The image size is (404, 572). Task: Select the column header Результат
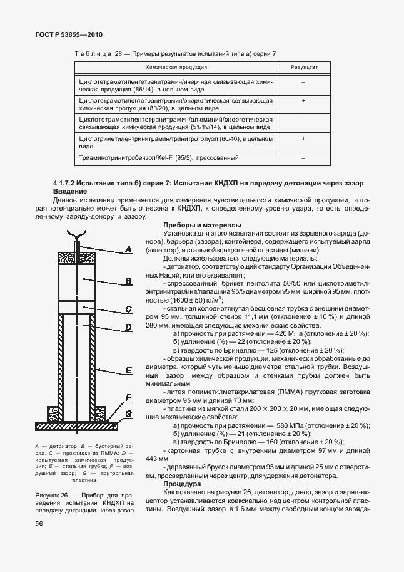coord(303,66)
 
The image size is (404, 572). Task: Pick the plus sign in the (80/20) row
coord(303,100)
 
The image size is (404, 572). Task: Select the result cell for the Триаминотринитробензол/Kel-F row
coord(303,159)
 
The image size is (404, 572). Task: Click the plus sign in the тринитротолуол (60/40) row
coord(303,138)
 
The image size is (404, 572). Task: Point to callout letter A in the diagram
coord(128,249)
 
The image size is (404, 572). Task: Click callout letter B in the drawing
coord(128,281)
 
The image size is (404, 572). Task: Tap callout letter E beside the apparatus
coord(128,371)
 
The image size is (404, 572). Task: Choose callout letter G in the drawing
coord(128,414)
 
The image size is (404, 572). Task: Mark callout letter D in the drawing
coord(128,327)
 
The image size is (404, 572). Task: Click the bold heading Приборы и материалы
coord(202,225)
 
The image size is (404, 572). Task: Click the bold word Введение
coord(70,190)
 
